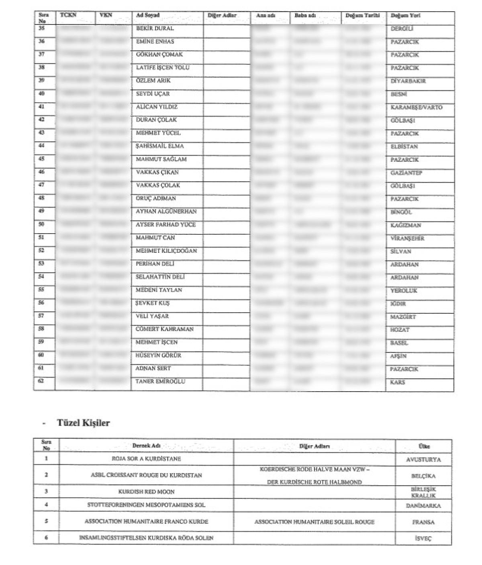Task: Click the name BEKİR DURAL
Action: pyautogui.click(x=155, y=28)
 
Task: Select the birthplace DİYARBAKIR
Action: pyautogui.click(x=408, y=81)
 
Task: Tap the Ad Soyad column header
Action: pyautogui.click(x=147, y=16)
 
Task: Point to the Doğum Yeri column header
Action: pyautogui.click(x=405, y=16)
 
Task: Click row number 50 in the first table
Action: pyautogui.click(x=41, y=224)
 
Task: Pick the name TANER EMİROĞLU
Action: pyautogui.click(x=160, y=382)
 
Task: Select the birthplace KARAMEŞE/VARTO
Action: pyautogui.click(x=416, y=107)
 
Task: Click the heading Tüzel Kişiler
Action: pyautogui.click(x=83, y=423)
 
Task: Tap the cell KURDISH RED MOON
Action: pyautogui.click(x=147, y=492)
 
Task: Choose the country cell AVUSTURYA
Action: pyautogui.click(x=423, y=460)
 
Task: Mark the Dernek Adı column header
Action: pyautogui.click(x=147, y=446)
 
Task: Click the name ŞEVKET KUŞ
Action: pyautogui.click(x=153, y=303)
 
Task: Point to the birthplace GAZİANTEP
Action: pyautogui.click(x=406, y=173)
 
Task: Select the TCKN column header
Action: pyautogui.click(x=68, y=15)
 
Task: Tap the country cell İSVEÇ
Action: pyautogui.click(x=423, y=539)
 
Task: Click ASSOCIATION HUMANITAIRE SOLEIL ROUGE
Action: pyautogui.click(x=314, y=522)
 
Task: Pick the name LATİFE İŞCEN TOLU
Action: pyautogui.click(x=163, y=68)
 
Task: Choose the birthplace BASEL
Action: pyautogui.click(x=399, y=343)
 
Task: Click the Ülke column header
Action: pyautogui.click(x=424, y=446)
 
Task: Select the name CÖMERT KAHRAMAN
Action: pyautogui.click(x=165, y=329)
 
